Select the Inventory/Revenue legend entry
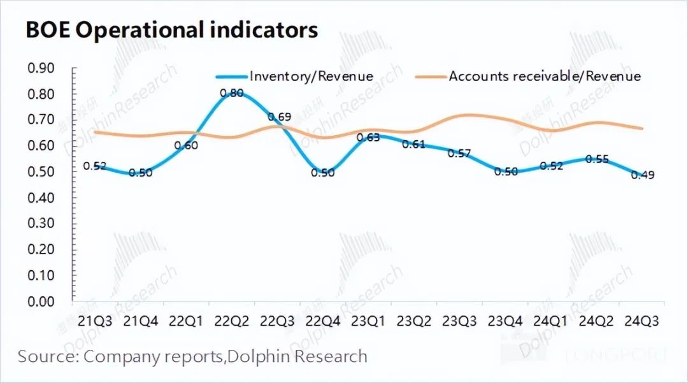(311, 76)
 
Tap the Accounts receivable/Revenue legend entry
(545, 76)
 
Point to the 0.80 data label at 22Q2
(231, 93)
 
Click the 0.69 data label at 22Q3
(279, 117)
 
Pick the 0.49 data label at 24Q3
(643, 175)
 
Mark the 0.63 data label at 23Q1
(368, 137)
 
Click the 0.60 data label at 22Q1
(186, 145)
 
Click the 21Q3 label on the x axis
(95, 321)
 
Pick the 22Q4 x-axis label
(323, 321)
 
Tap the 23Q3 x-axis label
(460, 321)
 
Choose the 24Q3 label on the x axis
(641, 321)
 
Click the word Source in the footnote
(47, 356)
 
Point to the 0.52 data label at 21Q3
(95, 166)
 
